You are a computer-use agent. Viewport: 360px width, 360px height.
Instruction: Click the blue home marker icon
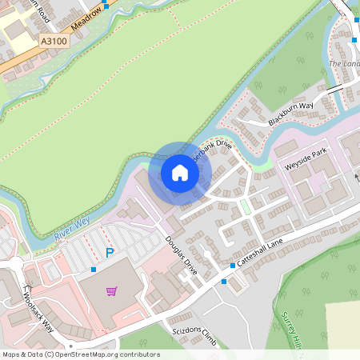(180, 173)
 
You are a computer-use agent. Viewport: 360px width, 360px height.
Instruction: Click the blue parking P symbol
(110, 253)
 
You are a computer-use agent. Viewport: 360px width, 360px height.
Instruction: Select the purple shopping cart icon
(111, 290)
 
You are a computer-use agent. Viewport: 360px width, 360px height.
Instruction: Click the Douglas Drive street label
(181, 254)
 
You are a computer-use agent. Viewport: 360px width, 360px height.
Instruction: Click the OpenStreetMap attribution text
(81, 354)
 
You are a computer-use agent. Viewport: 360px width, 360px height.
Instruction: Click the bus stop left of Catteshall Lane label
(232, 265)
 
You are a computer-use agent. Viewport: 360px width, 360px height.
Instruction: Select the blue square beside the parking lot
(94, 270)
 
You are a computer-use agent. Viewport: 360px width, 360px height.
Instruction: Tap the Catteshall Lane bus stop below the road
(224, 282)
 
